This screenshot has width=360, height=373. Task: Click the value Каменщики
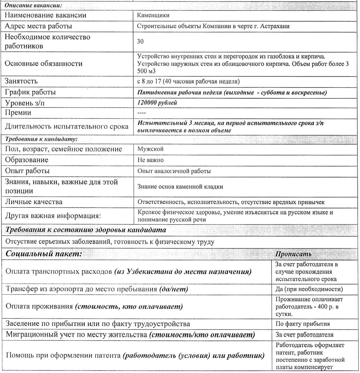point(153,15)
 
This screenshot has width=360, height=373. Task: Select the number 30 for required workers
point(140,41)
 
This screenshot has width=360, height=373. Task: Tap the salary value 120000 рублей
point(157,103)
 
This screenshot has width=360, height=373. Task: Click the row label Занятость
point(21,81)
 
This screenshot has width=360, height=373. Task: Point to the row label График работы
point(30,92)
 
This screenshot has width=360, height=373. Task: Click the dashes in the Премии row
point(141,113)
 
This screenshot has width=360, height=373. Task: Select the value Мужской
point(150,149)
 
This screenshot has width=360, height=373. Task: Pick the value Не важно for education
point(150,160)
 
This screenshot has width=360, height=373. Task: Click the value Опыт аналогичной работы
point(174,171)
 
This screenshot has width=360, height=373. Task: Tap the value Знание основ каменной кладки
point(180,187)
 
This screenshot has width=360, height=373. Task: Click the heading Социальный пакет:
point(44,254)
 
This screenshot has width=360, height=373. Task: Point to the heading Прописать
point(293,254)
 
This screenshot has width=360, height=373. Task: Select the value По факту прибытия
point(302,324)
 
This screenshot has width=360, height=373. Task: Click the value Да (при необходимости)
point(309,289)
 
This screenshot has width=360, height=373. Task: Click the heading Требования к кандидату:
point(41,139)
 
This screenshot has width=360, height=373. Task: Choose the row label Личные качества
point(34,202)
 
